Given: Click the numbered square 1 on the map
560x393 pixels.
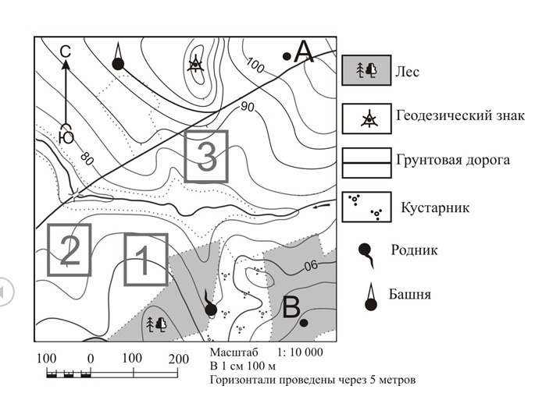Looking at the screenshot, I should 146,258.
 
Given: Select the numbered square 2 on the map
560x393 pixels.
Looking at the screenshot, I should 69,249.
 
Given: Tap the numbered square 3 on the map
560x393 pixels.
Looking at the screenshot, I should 206,156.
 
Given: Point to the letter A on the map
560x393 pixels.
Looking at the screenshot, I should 303,53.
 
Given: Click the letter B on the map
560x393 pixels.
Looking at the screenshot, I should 291,309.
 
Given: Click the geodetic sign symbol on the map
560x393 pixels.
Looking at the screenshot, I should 195,64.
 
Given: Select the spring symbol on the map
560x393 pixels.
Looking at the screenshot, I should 209,306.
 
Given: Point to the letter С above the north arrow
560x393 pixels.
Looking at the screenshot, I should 66,51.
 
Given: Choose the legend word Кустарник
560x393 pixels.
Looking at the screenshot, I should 434,208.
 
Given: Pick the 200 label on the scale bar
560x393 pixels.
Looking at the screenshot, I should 179,358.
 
